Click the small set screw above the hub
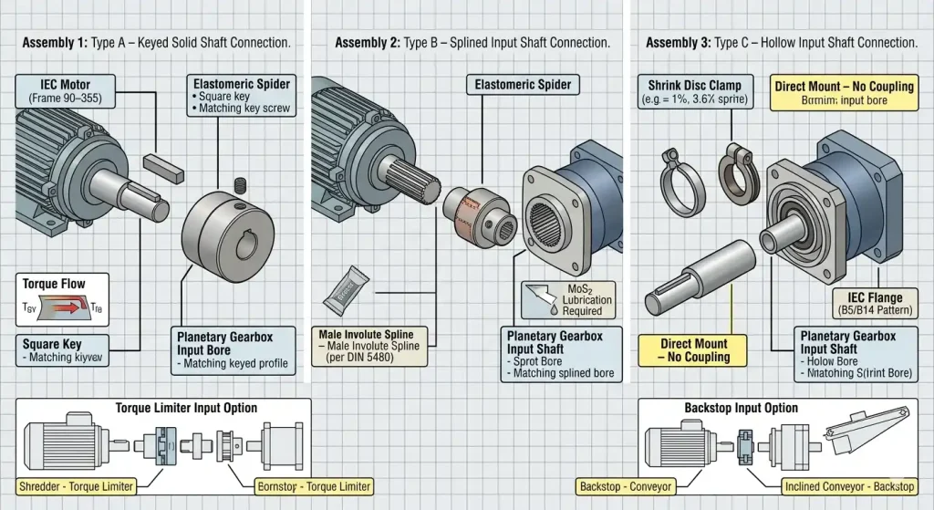(241, 185)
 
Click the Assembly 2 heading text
(472, 43)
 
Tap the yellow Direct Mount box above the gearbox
(843, 93)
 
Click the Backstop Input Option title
(741, 408)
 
